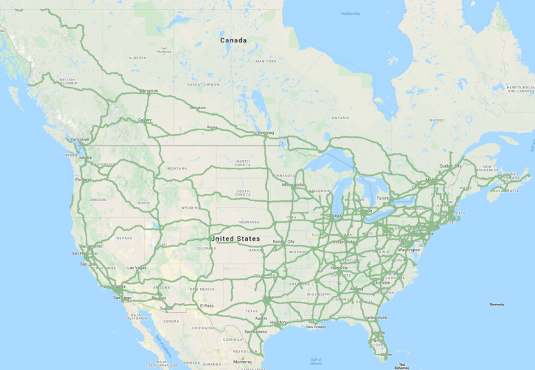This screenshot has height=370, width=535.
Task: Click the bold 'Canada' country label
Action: point(233,40)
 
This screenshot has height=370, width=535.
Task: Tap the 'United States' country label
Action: point(236,239)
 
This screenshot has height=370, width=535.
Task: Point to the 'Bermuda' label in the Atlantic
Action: point(497,305)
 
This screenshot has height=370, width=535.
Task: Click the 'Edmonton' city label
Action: point(148,90)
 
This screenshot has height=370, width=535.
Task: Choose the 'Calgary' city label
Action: point(145,120)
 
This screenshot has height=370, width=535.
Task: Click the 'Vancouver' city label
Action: point(80,139)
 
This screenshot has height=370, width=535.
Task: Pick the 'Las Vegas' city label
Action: point(137,268)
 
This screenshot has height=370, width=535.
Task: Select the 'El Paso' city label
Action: point(207,305)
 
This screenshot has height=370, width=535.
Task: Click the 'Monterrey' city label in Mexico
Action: point(243,362)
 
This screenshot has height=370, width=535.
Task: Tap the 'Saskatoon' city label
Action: point(198,108)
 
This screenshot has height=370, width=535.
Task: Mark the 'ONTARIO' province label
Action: point(340,118)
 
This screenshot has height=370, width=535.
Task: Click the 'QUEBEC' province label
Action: point(437,120)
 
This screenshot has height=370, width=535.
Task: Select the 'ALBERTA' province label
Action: point(137,58)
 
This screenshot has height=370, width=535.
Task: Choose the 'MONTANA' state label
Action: point(177,168)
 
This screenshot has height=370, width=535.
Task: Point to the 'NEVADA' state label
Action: point(124,238)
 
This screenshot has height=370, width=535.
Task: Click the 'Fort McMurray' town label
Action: point(164,51)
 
